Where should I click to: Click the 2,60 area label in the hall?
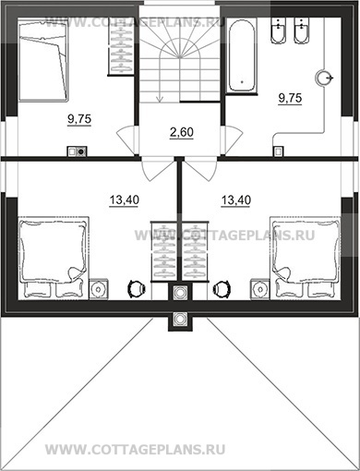coord(182,132)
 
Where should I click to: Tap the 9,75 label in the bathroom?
coord(290,98)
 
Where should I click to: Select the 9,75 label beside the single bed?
coord(79,119)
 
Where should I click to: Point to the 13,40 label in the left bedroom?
coord(125,200)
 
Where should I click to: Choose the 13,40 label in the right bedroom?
coord(236,200)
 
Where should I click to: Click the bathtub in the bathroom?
coord(242,55)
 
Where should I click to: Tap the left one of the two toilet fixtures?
coord(279,30)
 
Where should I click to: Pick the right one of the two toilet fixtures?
coord(302,30)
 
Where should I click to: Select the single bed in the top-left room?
coord(43,60)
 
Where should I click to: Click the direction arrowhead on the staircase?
coord(160,99)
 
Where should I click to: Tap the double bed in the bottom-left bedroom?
coord(54,258)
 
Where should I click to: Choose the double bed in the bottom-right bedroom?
coord(306,258)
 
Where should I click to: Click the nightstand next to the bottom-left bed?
coord(98,289)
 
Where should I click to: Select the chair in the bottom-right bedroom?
coord(222,289)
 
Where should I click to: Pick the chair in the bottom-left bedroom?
coord(137,289)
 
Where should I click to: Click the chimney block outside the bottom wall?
coord(180,320)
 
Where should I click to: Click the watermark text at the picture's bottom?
coord(136,450)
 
